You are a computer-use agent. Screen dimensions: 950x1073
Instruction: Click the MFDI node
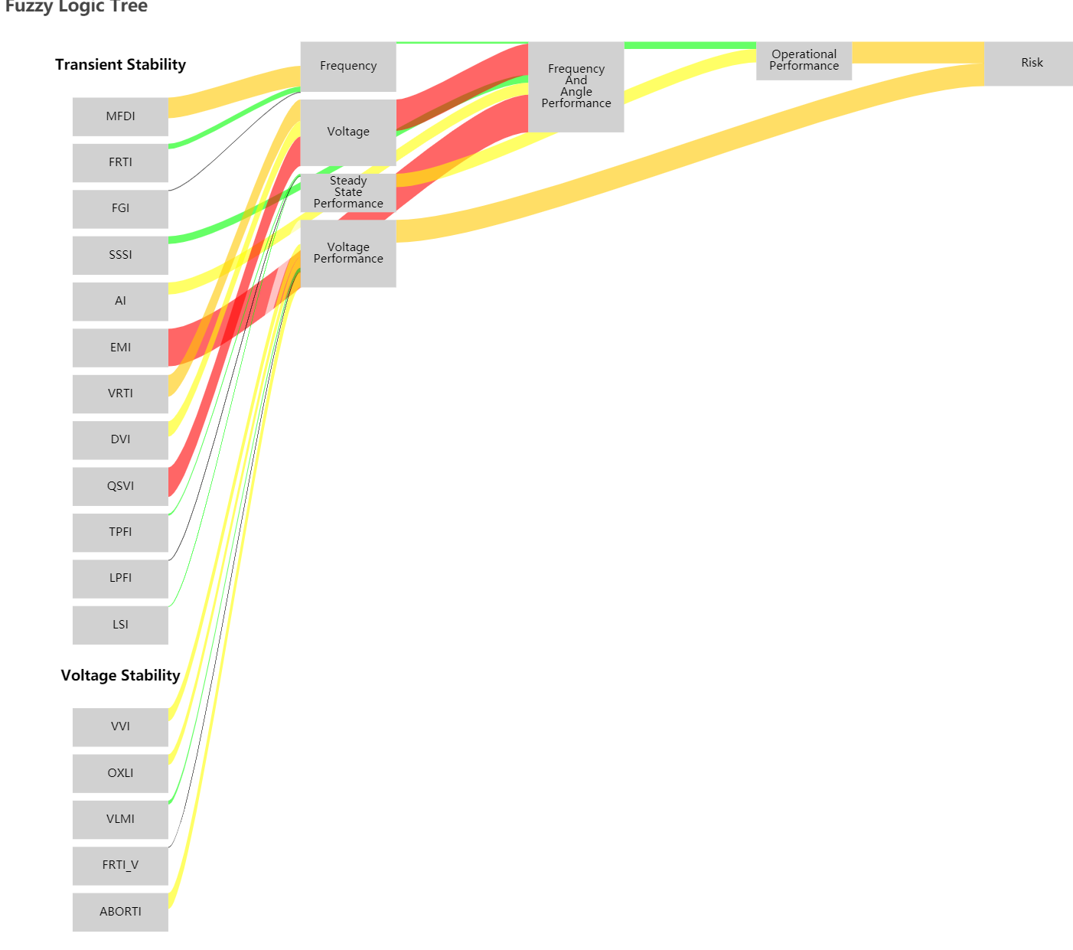120,116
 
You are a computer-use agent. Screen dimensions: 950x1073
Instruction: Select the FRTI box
120,162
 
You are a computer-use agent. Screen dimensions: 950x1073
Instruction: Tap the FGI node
120,208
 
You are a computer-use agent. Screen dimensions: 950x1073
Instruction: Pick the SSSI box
120,255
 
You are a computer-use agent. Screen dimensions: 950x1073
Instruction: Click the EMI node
120,348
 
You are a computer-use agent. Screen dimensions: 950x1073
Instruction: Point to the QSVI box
120,486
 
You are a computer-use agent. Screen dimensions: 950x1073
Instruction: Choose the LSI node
120,625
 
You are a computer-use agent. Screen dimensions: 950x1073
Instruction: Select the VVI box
120,726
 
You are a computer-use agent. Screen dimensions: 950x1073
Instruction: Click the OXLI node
120,773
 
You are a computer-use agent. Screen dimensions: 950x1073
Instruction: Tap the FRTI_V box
120,865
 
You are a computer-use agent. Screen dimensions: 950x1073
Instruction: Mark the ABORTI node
120,912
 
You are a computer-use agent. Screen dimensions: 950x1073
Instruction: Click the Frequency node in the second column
348,67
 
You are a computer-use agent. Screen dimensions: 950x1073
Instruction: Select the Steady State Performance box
348,192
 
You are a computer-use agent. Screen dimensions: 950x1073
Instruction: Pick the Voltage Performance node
348,253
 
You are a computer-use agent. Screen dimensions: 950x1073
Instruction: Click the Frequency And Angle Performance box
576,87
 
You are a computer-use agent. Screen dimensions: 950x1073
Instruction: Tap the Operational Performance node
804,60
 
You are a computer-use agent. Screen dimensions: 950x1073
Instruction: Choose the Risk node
1031,64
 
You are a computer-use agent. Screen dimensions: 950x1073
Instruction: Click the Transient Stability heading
120,65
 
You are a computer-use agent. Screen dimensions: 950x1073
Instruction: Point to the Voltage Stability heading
120,675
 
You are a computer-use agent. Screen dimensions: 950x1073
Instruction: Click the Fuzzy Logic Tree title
76,7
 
